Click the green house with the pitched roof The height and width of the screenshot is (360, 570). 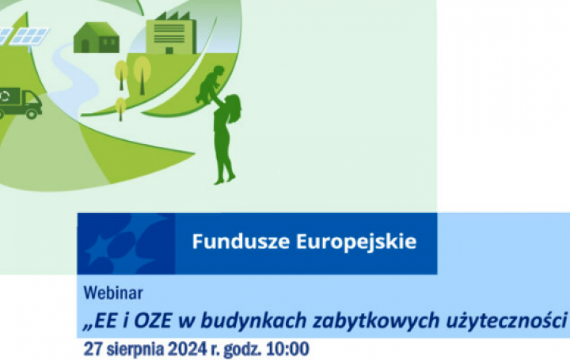[x=96, y=36]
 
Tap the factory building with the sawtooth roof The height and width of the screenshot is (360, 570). [x=170, y=31]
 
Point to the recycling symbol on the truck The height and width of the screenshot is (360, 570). [x=7, y=97]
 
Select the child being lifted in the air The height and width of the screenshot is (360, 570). [x=211, y=83]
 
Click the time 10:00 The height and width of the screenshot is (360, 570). [x=286, y=348]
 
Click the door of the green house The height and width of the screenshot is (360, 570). [x=85, y=46]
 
